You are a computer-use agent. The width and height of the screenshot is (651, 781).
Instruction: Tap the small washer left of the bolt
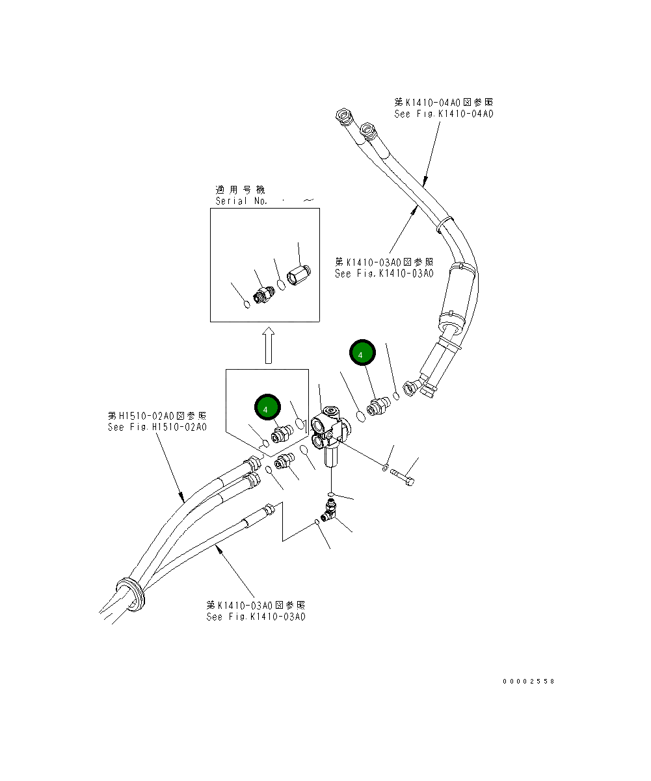pos(386,467)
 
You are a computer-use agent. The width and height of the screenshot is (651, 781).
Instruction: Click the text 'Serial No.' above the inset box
pos(241,201)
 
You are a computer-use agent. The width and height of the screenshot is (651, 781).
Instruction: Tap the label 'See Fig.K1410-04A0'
pos(444,114)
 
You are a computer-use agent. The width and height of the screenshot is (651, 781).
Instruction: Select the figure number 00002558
pos(528,682)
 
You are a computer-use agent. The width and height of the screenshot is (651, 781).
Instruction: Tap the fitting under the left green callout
pos(282,433)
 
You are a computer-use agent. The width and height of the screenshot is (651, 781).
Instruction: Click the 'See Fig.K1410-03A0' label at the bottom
pos(256,617)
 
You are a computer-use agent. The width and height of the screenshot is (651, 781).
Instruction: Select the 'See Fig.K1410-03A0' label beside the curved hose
pos(384,274)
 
